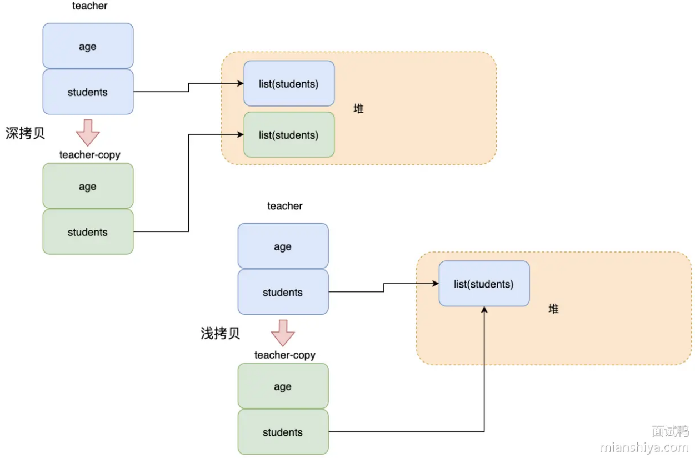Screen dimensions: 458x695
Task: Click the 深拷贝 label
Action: point(25,134)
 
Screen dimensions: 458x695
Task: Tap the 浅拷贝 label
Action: point(220,334)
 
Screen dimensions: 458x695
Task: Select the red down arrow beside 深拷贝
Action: point(88,132)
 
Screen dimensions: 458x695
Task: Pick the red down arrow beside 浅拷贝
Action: point(283,333)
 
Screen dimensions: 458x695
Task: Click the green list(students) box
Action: point(289,135)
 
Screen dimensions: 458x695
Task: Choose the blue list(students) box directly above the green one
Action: point(289,84)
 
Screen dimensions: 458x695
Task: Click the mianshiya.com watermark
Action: point(644,447)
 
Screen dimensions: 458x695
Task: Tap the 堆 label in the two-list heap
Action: point(358,109)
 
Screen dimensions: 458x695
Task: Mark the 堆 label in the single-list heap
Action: point(553,309)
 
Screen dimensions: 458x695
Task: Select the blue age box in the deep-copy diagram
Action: point(88,47)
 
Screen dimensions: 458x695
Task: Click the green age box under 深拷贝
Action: point(88,187)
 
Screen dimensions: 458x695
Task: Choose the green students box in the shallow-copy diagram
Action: point(283,432)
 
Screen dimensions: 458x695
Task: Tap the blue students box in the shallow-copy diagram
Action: point(283,293)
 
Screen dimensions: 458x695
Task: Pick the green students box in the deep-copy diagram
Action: point(88,232)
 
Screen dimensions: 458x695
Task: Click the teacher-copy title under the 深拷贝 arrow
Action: point(89,155)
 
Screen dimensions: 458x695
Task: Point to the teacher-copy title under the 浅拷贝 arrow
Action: point(284,355)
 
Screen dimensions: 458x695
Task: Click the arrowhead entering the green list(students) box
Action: point(241,135)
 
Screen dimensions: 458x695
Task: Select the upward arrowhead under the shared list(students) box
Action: point(484,310)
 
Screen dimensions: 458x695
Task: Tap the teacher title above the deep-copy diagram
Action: point(89,6)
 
